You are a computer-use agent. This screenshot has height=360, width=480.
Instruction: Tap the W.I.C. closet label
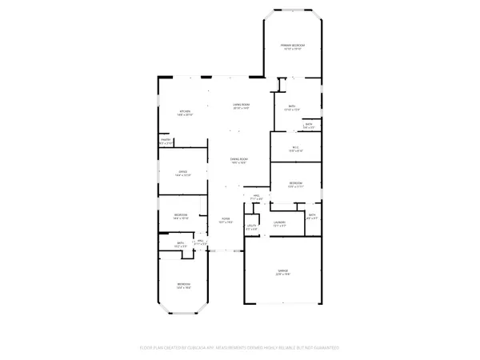click(294, 147)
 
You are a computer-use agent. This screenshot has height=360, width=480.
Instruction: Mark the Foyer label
click(225, 221)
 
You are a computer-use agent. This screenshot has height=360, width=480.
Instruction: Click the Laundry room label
click(279, 222)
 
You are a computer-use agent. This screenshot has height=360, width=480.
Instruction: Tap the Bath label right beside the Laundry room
click(313, 214)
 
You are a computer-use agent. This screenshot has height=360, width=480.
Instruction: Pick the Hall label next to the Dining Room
click(257, 195)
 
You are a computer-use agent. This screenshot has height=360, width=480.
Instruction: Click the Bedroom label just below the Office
click(182, 214)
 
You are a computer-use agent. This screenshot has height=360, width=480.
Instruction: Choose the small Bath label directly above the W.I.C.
click(309, 124)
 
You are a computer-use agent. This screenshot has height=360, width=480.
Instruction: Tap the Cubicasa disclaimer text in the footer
click(240, 348)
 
